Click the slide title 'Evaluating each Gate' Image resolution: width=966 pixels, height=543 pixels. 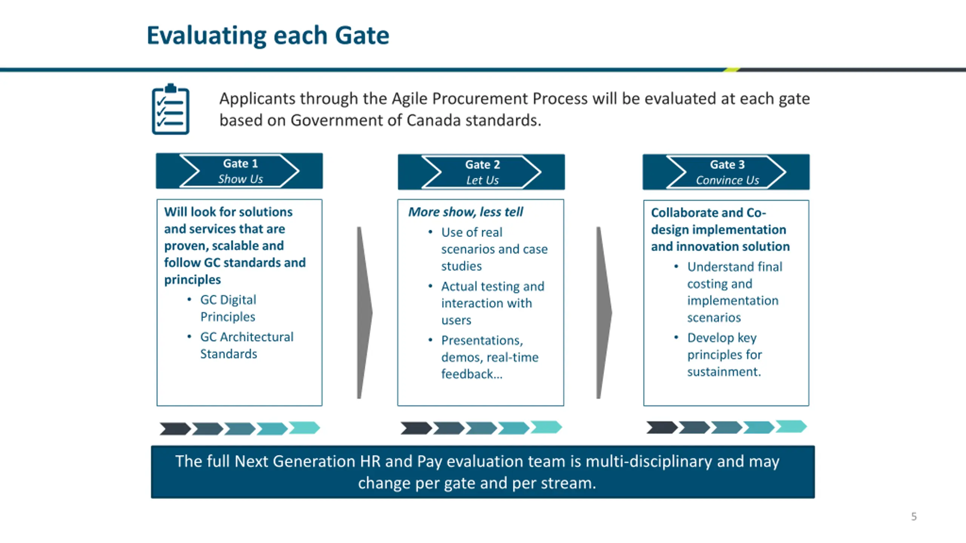click(268, 35)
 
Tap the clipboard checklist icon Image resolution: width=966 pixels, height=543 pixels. click(171, 109)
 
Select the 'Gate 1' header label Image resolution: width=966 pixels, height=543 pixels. click(240, 164)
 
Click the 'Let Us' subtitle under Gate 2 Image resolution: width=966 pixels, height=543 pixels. click(482, 180)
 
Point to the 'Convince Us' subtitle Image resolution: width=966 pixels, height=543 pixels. click(727, 180)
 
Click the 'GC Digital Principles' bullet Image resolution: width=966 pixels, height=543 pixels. click(228, 308)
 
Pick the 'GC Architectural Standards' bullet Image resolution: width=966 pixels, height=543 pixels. click(246, 345)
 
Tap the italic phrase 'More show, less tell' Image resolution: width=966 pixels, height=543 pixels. click(466, 212)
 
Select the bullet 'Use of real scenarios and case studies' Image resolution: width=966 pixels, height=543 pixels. click(494, 249)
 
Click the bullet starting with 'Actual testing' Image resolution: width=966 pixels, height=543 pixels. click(492, 303)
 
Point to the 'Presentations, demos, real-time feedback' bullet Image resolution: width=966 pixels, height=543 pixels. click(489, 357)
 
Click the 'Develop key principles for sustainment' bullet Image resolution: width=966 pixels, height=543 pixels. click(724, 354)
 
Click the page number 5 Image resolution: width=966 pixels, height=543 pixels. click(914, 516)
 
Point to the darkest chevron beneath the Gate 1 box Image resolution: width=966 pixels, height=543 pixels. click(175, 429)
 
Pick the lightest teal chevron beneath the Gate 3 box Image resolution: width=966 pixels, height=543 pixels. click(791, 426)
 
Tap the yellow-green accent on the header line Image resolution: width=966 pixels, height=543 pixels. click(732, 69)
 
